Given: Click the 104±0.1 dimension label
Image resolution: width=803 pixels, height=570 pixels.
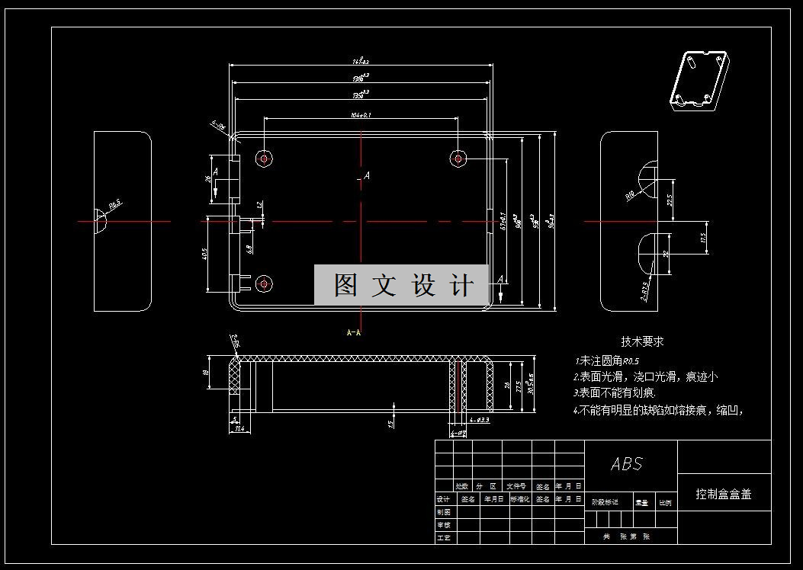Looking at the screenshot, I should (x=360, y=115).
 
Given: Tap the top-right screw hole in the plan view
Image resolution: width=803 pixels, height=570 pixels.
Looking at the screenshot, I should (x=458, y=158).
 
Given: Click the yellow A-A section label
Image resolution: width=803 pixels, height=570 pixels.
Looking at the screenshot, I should (x=354, y=332).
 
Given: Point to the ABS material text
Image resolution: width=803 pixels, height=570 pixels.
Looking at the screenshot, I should (x=627, y=464).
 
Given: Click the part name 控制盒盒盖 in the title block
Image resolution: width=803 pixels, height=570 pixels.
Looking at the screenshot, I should (x=724, y=494).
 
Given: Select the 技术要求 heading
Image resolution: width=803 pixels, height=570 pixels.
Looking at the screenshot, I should (x=642, y=342).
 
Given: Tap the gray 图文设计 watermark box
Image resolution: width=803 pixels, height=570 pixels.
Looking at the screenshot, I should (x=402, y=285).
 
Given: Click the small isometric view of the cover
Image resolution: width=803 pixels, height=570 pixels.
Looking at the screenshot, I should (x=699, y=81).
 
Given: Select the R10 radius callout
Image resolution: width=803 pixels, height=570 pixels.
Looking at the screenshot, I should (x=631, y=195).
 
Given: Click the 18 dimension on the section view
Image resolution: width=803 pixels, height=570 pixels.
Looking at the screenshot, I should (x=207, y=373).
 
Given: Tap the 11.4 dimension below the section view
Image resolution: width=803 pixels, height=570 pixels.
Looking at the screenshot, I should (x=239, y=430).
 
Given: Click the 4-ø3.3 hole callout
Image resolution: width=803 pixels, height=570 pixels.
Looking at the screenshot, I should (x=480, y=420).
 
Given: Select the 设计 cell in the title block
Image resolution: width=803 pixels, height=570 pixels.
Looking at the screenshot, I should (x=444, y=499).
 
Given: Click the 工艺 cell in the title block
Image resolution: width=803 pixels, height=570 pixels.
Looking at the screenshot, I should (x=444, y=538).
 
